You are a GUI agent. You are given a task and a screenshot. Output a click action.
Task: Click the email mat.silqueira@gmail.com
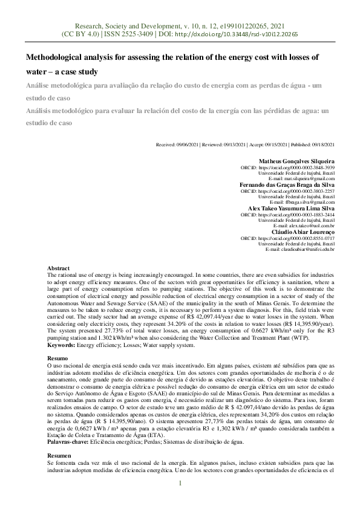(309, 179)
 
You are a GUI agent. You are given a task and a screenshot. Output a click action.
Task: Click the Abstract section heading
(59, 268)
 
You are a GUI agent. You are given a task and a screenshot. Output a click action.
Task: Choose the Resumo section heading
(59, 358)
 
